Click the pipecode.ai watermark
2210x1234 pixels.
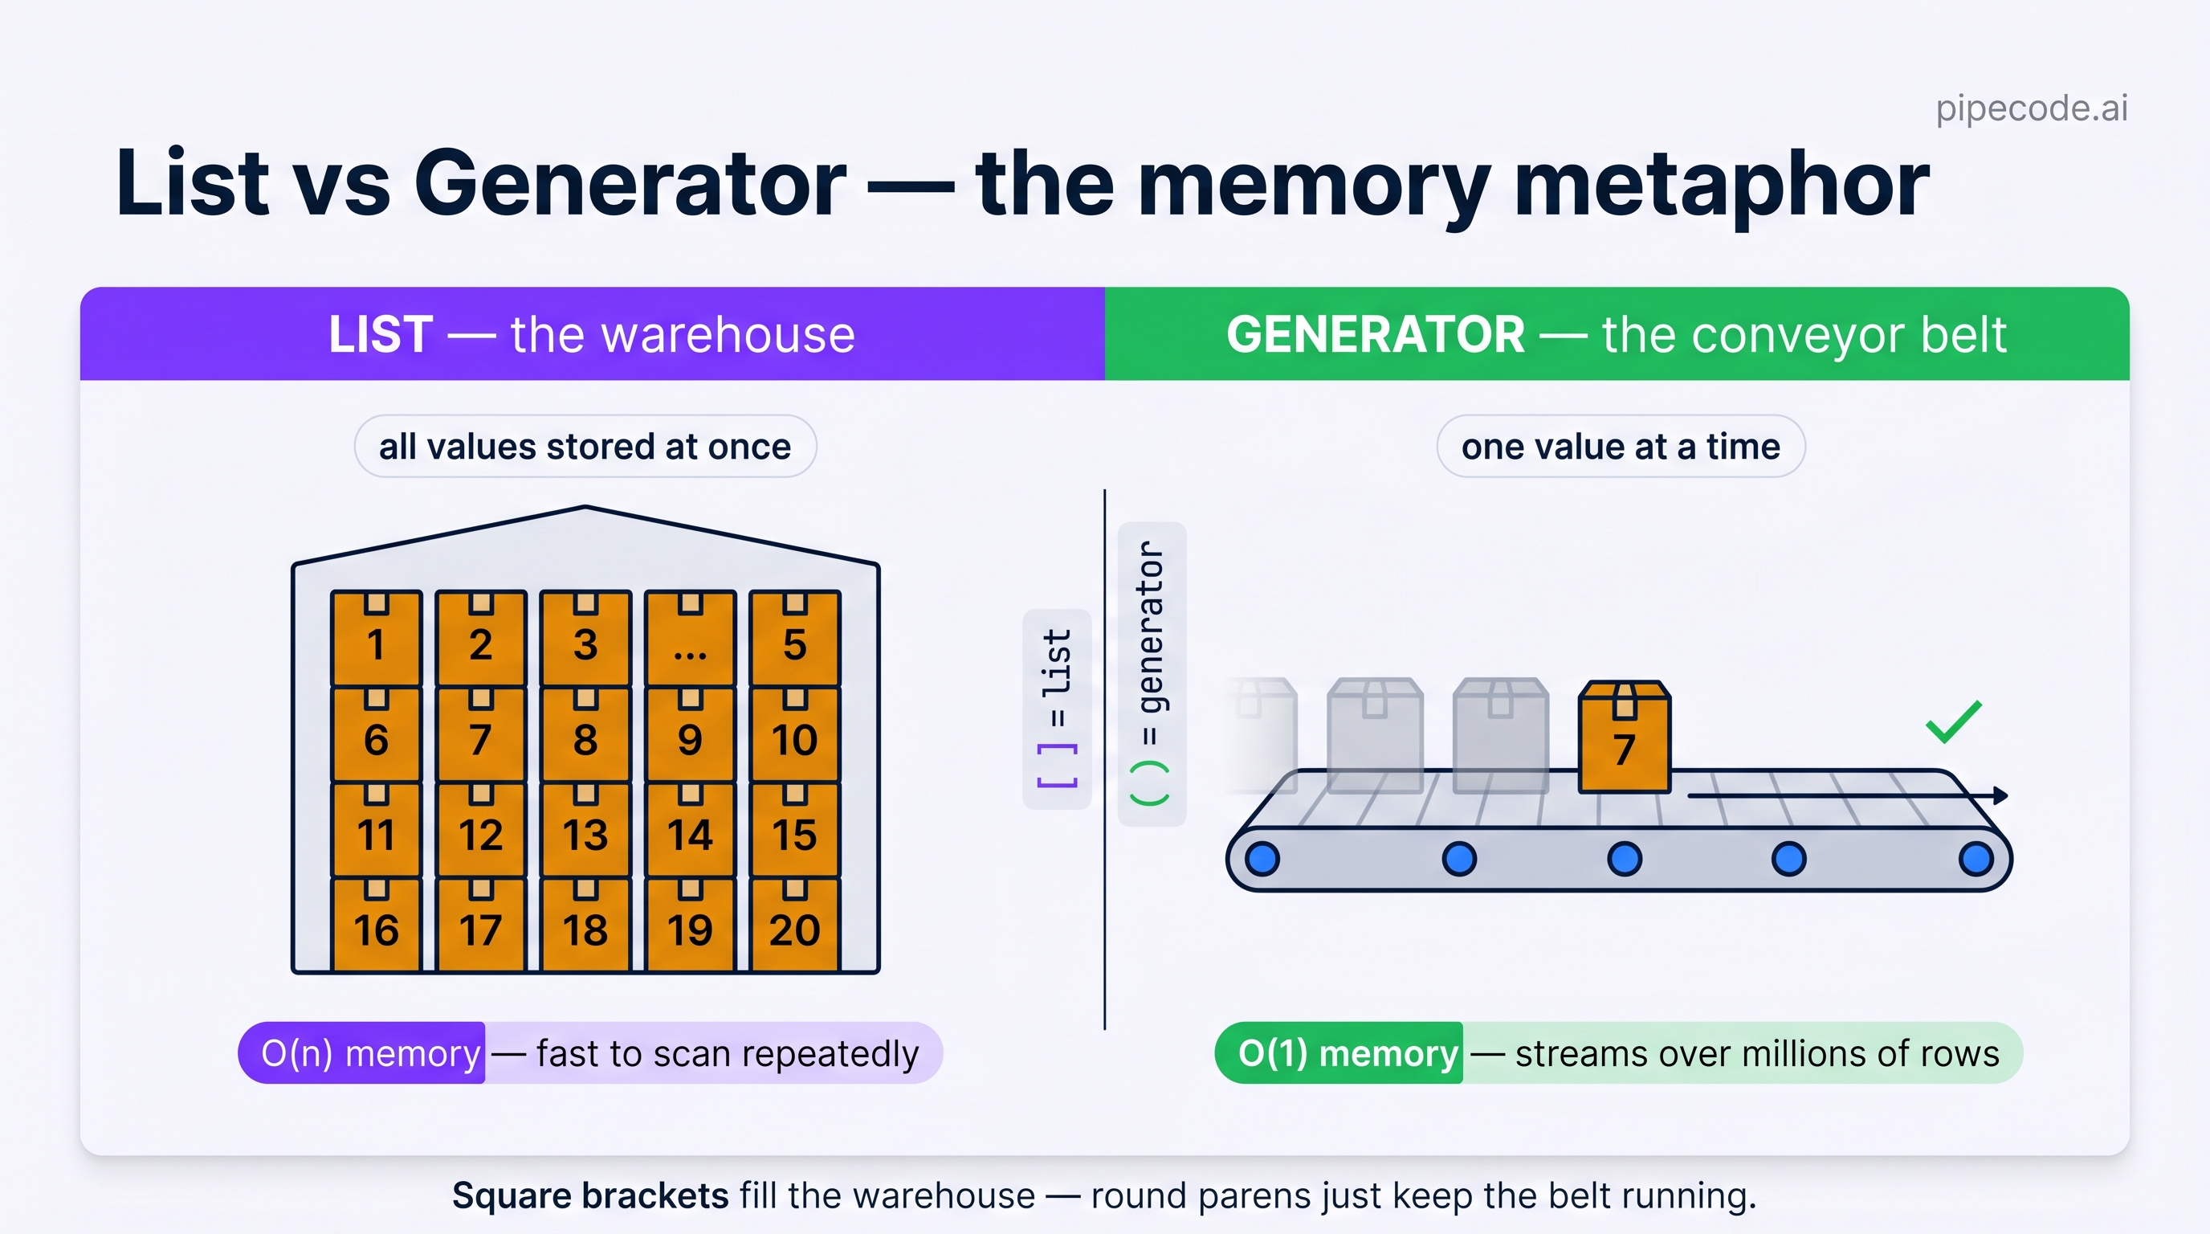(x=2032, y=108)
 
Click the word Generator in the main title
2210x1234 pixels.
(x=630, y=183)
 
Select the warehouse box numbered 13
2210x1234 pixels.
(x=585, y=829)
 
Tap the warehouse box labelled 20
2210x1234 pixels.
(x=794, y=924)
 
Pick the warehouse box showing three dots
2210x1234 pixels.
(x=690, y=638)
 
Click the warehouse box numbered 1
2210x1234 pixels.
(x=376, y=638)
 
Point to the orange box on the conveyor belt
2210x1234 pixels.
(x=1624, y=736)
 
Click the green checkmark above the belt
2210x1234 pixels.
(x=1954, y=721)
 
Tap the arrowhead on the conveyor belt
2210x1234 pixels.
(x=2000, y=795)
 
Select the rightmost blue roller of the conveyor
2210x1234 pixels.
(x=1976, y=858)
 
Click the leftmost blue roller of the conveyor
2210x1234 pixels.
(x=1262, y=858)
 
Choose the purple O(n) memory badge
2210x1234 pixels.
(x=361, y=1053)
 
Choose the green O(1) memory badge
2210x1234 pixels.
(x=1339, y=1053)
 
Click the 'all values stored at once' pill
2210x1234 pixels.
(x=585, y=446)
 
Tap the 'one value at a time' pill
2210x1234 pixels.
(x=1621, y=446)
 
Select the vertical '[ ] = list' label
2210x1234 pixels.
(x=1057, y=709)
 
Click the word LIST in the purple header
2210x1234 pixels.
(x=380, y=334)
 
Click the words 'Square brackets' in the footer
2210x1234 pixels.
(x=590, y=1195)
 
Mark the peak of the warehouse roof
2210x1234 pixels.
(x=586, y=507)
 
